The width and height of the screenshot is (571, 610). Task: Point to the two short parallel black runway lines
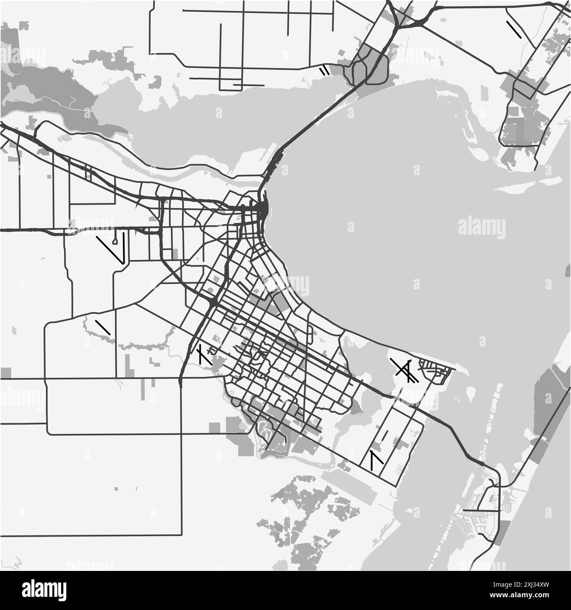click(324, 70)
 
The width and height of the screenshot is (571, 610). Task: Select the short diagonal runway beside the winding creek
click(102, 328)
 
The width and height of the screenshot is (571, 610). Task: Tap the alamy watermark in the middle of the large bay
click(481, 227)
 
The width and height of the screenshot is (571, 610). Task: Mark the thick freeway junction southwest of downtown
click(212, 303)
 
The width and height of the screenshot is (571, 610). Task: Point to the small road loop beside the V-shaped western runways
click(115, 240)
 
